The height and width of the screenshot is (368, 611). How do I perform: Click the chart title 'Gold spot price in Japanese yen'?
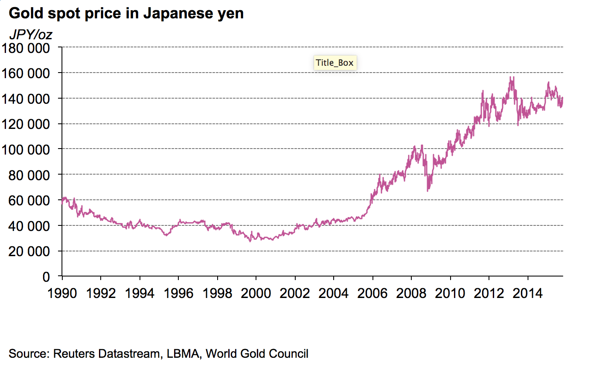click(x=126, y=13)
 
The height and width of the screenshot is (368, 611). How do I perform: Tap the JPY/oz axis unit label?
click(x=30, y=34)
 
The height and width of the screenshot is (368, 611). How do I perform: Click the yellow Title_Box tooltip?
click(x=335, y=63)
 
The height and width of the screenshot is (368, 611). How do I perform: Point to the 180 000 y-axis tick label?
click(x=26, y=48)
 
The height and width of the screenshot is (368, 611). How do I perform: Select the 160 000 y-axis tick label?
click(x=26, y=73)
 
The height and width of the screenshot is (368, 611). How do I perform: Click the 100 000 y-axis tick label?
click(x=26, y=149)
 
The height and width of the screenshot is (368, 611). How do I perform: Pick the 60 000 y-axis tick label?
click(x=29, y=200)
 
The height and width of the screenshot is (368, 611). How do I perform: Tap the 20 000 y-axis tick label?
click(x=29, y=251)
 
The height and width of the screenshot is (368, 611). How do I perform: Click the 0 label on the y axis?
click(x=46, y=277)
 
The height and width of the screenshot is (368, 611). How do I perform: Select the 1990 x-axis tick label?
click(x=62, y=293)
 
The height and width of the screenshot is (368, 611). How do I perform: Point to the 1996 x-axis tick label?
click(x=179, y=293)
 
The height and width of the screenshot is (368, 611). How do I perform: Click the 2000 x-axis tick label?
click(x=256, y=293)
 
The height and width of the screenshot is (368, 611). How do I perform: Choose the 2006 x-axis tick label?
click(x=372, y=293)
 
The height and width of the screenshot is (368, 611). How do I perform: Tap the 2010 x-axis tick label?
click(x=450, y=293)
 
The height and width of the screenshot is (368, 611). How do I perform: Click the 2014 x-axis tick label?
click(x=528, y=293)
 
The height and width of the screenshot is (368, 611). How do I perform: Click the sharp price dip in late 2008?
click(x=428, y=190)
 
